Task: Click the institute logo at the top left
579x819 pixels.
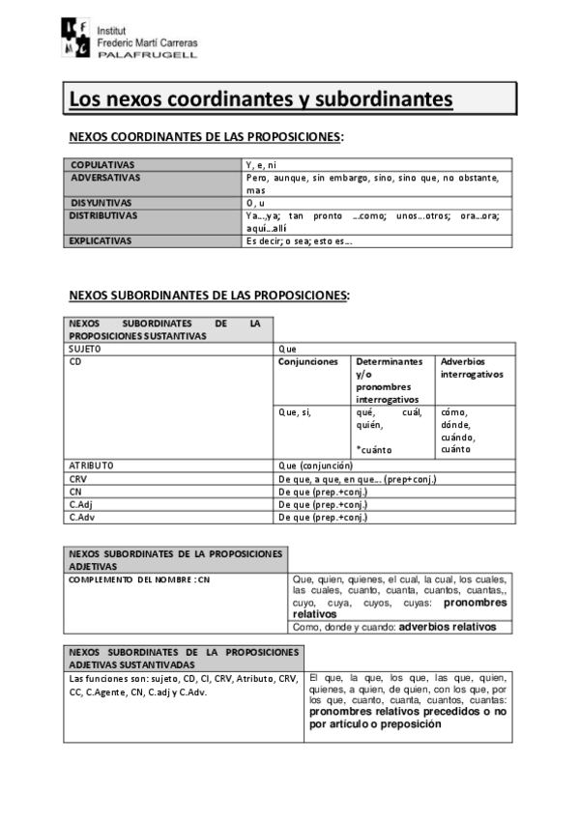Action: pyautogui.click(x=78, y=39)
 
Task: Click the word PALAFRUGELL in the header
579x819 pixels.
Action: pyautogui.click(x=148, y=56)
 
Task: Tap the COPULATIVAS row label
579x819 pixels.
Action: pyautogui.click(x=103, y=165)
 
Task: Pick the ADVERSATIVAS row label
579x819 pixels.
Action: pyautogui.click(x=106, y=178)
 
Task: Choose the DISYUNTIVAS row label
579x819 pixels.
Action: pyautogui.click(x=102, y=203)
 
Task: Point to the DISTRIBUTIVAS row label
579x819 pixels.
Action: pyautogui.click(x=104, y=215)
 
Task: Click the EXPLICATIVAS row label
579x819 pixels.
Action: pyautogui.click(x=101, y=241)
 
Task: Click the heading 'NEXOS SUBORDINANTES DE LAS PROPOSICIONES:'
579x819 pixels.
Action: pyautogui.click(x=209, y=295)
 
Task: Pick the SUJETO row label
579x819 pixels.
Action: pyautogui.click(x=85, y=348)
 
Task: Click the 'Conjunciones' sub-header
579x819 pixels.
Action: pyautogui.click(x=308, y=362)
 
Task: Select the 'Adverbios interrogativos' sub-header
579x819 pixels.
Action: pyautogui.click(x=473, y=368)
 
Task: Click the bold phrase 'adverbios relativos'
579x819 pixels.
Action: pyautogui.click(x=448, y=627)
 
